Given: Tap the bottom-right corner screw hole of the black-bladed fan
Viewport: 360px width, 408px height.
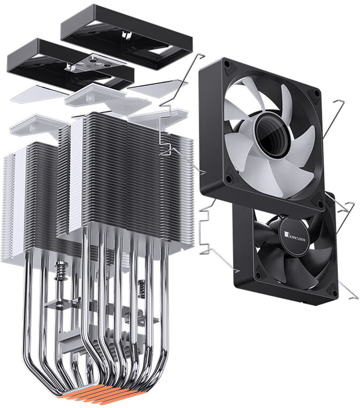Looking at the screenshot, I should pyautogui.click(x=332, y=292).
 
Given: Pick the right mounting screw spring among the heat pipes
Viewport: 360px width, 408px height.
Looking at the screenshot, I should pyautogui.click(x=142, y=290).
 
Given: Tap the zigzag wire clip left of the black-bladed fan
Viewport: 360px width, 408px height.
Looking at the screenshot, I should pyautogui.click(x=206, y=231).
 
